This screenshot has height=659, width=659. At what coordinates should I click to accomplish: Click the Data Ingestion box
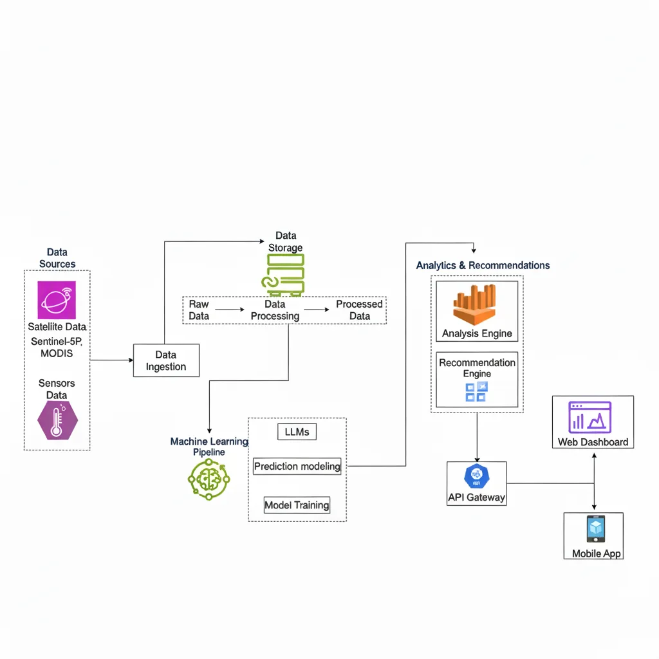click(x=166, y=360)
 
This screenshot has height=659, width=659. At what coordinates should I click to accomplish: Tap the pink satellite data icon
click(x=57, y=300)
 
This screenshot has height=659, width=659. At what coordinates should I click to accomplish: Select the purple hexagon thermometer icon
click(x=57, y=421)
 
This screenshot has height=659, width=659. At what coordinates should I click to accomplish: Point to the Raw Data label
click(x=199, y=310)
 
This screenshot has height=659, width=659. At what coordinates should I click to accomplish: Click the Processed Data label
click(x=359, y=310)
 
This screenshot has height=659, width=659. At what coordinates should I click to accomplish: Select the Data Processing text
click(x=275, y=310)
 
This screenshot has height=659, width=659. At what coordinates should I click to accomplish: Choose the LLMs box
click(x=297, y=432)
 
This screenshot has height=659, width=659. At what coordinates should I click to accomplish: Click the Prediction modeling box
click(x=297, y=466)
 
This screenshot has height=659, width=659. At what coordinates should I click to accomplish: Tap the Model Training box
click(x=297, y=505)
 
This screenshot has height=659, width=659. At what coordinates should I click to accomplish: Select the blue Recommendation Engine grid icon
click(x=477, y=392)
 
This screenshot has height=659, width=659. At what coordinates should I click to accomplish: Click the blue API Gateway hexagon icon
click(x=477, y=477)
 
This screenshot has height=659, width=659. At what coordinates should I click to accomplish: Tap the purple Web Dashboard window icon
click(x=589, y=417)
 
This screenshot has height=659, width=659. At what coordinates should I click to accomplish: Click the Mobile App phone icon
click(x=595, y=529)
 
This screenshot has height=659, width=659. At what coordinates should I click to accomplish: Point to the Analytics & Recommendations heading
click(x=483, y=265)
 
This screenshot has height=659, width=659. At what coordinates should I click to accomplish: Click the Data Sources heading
click(x=57, y=258)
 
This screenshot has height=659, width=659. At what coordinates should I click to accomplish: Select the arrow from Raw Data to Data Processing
click(x=229, y=310)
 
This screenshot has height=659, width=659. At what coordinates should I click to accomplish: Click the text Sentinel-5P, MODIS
click(x=57, y=347)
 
